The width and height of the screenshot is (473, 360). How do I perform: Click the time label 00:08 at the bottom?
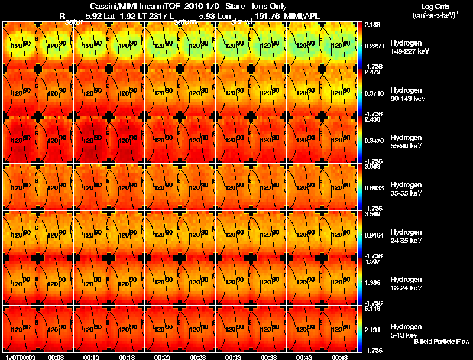pos(56,357)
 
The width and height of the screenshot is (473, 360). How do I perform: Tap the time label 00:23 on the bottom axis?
pos(163,357)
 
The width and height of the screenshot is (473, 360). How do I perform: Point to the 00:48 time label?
pos(340,357)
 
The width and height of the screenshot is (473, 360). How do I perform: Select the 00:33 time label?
pos(234,357)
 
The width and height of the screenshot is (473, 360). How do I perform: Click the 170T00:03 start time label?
pos(18,357)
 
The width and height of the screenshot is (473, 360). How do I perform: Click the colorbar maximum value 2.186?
pos(373,25)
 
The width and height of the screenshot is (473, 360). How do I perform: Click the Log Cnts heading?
pos(434,7)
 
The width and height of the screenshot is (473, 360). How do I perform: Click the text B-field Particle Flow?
pos(442,341)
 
